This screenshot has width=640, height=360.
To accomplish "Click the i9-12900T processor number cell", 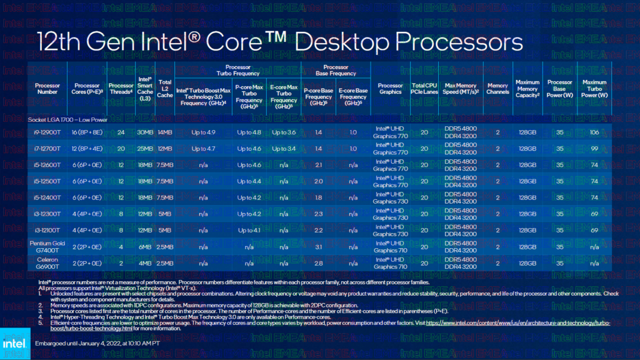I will tap(47, 132).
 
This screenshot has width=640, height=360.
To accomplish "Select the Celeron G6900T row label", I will tap(47, 262).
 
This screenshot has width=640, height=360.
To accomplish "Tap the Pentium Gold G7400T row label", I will tap(47, 246).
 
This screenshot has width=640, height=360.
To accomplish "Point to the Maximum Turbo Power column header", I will tap(594, 89).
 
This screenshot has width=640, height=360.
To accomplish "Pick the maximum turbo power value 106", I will tap(594, 132).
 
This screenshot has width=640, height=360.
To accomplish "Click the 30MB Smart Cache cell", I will tap(145, 132).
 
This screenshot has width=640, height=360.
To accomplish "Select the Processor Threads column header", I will tap(121, 89).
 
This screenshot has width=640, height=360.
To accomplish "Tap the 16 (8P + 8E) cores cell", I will tap(87, 132).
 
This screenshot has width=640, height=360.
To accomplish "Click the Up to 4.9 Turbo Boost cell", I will tap(203, 132).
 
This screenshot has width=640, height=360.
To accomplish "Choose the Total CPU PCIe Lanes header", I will tap(424, 89).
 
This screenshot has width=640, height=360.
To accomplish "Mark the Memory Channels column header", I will tap(497, 89).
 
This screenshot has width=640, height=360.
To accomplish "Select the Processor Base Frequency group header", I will tap(336, 71).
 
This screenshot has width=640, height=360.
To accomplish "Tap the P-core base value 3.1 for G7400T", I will tap(319, 246).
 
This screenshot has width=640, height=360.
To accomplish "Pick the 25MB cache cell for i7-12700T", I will tap(145, 149).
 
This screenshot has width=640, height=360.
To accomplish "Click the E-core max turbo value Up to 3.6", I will tap(284, 132).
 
